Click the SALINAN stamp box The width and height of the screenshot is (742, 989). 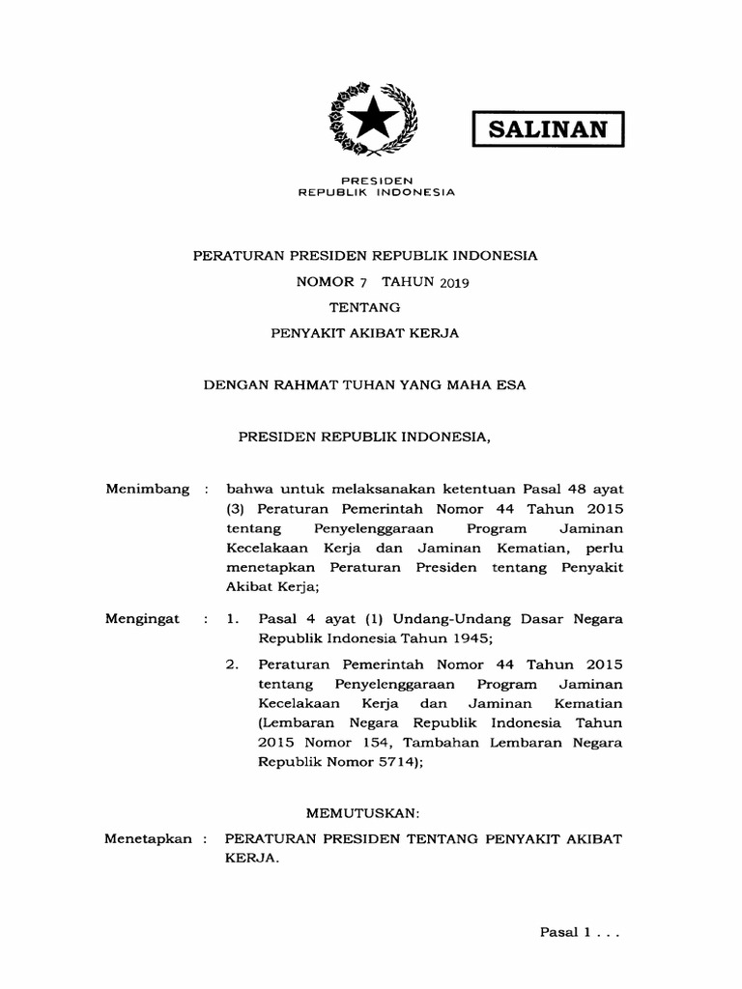548,128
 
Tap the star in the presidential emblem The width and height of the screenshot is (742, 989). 375,122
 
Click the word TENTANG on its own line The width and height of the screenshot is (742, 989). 364,307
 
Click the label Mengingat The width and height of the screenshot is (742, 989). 142,618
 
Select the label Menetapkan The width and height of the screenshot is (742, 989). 149,839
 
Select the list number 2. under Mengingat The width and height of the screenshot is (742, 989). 232,664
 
